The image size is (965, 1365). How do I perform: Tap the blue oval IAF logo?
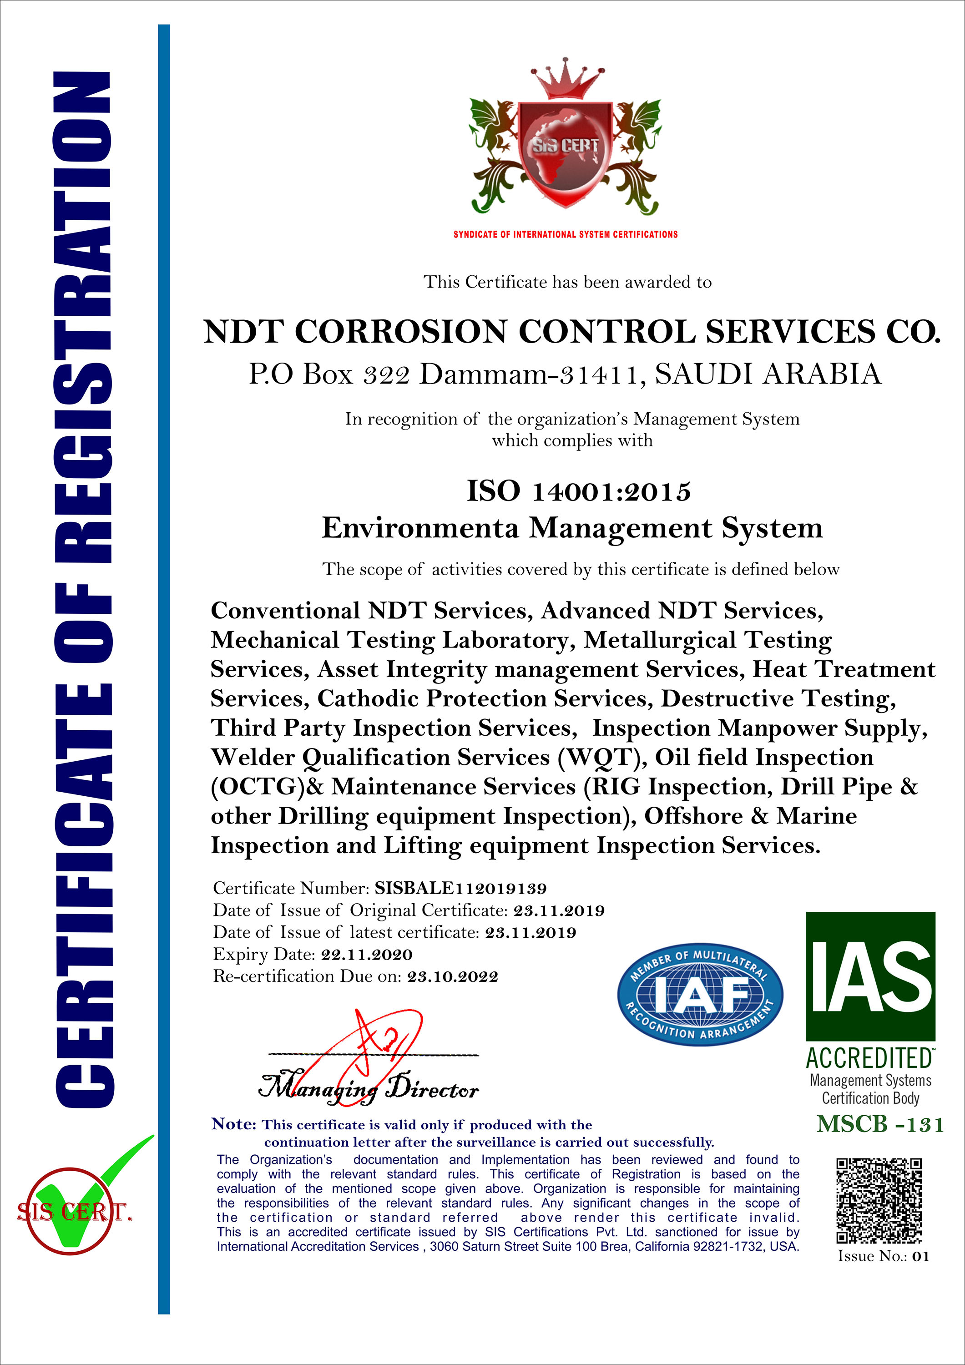[700, 993]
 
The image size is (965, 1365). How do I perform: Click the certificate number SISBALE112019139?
[460, 888]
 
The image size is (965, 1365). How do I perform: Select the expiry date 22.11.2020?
[366, 955]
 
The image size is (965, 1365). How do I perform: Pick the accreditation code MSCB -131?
[880, 1124]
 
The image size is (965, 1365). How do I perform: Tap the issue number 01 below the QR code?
[920, 1256]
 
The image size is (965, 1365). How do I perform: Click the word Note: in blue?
[234, 1124]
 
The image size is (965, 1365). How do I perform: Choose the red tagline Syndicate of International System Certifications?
[566, 234]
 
